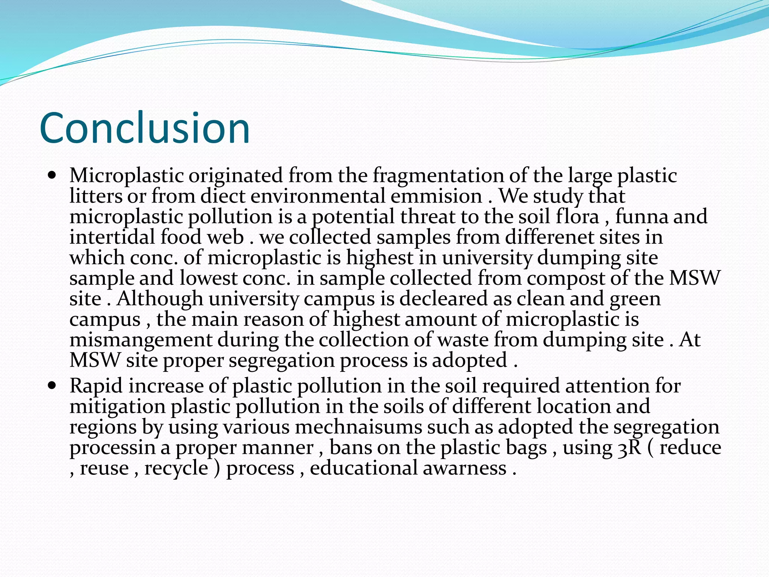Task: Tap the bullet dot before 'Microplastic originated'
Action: coord(52,175)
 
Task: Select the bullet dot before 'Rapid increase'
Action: coord(52,385)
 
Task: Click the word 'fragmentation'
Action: coord(438,176)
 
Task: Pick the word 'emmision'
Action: coord(436,196)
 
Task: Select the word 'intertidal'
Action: coord(112,237)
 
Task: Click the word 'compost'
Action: coord(565,278)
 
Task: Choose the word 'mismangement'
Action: coord(141,340)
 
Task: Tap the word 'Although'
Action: coord(160,299)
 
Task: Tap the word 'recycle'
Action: coord(176,468)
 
